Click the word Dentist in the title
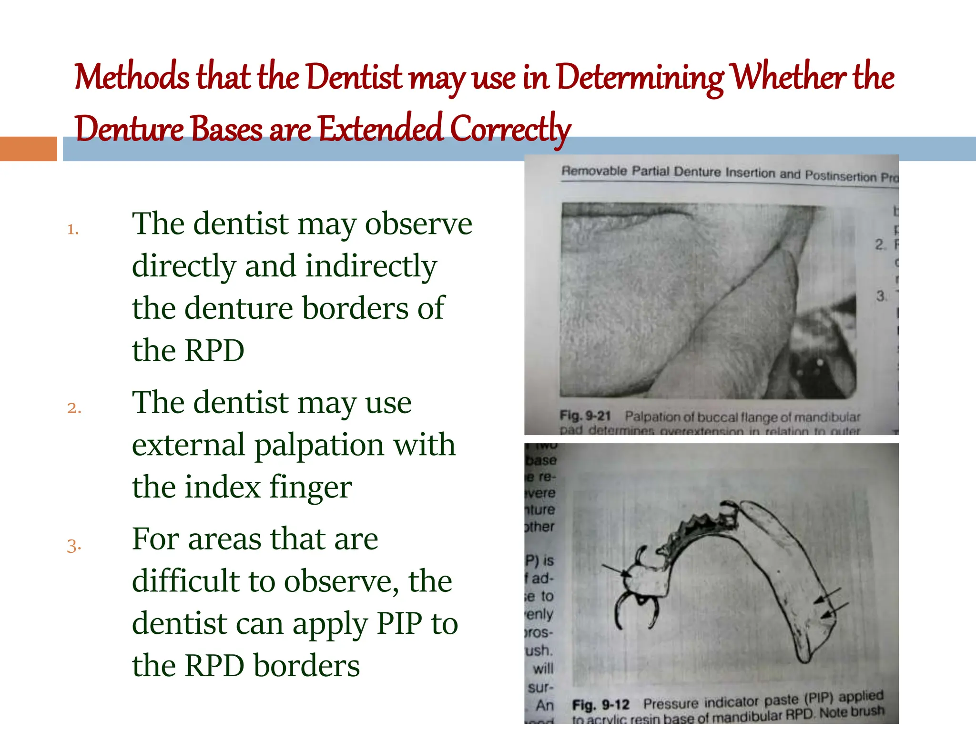[x=354, y=78]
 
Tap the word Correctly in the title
[x=510, y=129]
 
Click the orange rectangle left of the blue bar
[x=29, y=149]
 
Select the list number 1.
[x=72, y=230]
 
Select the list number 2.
[x=74, y=408]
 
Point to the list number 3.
[x=74, y=546]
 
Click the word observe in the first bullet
[x=418, y=224]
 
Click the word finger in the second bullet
[x=310, y=488]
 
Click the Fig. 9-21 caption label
[x=585, y=416]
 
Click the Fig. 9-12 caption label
[x=600, y=705]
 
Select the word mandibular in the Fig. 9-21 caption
[x=827, y=417]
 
